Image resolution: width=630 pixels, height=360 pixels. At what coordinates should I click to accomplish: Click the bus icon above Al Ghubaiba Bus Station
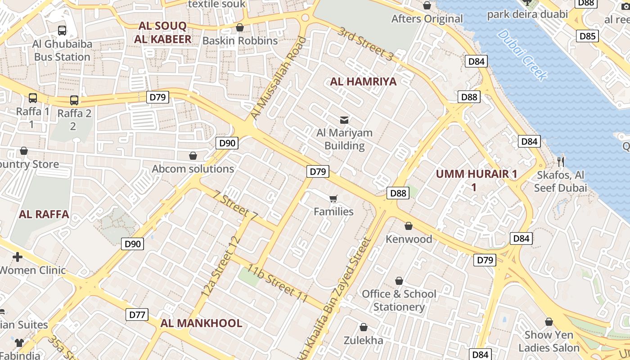click(x=62, y=31)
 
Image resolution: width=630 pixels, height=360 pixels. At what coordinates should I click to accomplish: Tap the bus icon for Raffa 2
click(x=74, y=100)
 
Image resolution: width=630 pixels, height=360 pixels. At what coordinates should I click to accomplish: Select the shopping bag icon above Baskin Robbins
click(x=240, y=27)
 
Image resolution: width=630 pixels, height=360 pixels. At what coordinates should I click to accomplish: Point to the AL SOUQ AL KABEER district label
click(x=162, y=32)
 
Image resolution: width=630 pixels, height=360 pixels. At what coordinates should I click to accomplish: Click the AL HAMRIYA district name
click(x=363, y=81)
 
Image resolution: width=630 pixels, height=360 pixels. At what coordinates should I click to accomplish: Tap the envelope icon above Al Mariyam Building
click(x=344, y=120)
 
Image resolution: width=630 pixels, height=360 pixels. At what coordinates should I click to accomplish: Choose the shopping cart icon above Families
click(x=333, y=199)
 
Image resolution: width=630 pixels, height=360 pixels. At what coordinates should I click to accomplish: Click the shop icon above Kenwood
click(x=409, y=226)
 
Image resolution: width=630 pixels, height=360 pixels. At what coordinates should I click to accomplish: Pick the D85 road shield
click(x=588, y=36)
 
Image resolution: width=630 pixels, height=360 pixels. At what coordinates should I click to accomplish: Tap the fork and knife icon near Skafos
click(x=560, y=162)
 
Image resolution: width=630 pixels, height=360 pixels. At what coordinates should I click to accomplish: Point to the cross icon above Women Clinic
click(x=18, y=257)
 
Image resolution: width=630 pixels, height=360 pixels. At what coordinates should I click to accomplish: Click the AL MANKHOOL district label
click(x=201, y=323)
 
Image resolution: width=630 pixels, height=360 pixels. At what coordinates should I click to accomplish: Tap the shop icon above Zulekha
click(x=364, y=327)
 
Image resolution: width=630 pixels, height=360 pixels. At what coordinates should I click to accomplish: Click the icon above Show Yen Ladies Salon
click(x=549, y=322)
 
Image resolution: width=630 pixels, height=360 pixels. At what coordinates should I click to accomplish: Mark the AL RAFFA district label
click(x=44, y=214)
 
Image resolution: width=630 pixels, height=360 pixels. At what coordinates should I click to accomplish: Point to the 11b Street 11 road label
click(x=277, y=284)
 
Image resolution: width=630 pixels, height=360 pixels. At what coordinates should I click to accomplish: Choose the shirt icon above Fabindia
click(x=19, y=342)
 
